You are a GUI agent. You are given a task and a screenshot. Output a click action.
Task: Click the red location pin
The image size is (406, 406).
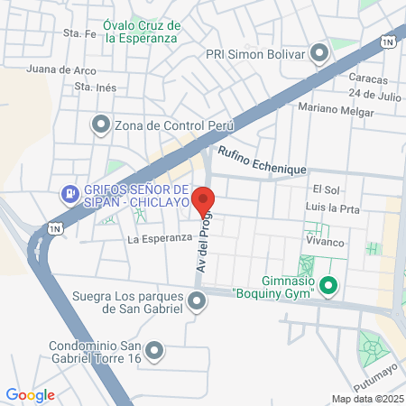(x=203, y=201)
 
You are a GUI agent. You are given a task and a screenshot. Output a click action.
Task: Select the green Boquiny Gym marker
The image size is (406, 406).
(x=329, y=289)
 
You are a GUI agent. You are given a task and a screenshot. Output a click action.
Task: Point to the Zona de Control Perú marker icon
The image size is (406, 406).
(x=100, y=125)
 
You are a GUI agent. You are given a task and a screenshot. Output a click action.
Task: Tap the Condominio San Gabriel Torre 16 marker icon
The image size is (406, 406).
(x=154, y=349)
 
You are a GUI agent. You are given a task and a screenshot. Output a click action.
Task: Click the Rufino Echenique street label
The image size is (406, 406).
(x=262, y=161)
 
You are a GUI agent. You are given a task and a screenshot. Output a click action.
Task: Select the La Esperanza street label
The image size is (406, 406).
(x=160, y=239)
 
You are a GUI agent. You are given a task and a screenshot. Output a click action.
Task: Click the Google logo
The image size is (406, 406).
(x=30, y=394)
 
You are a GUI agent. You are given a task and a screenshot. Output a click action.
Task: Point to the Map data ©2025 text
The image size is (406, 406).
(x=366, y=399)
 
